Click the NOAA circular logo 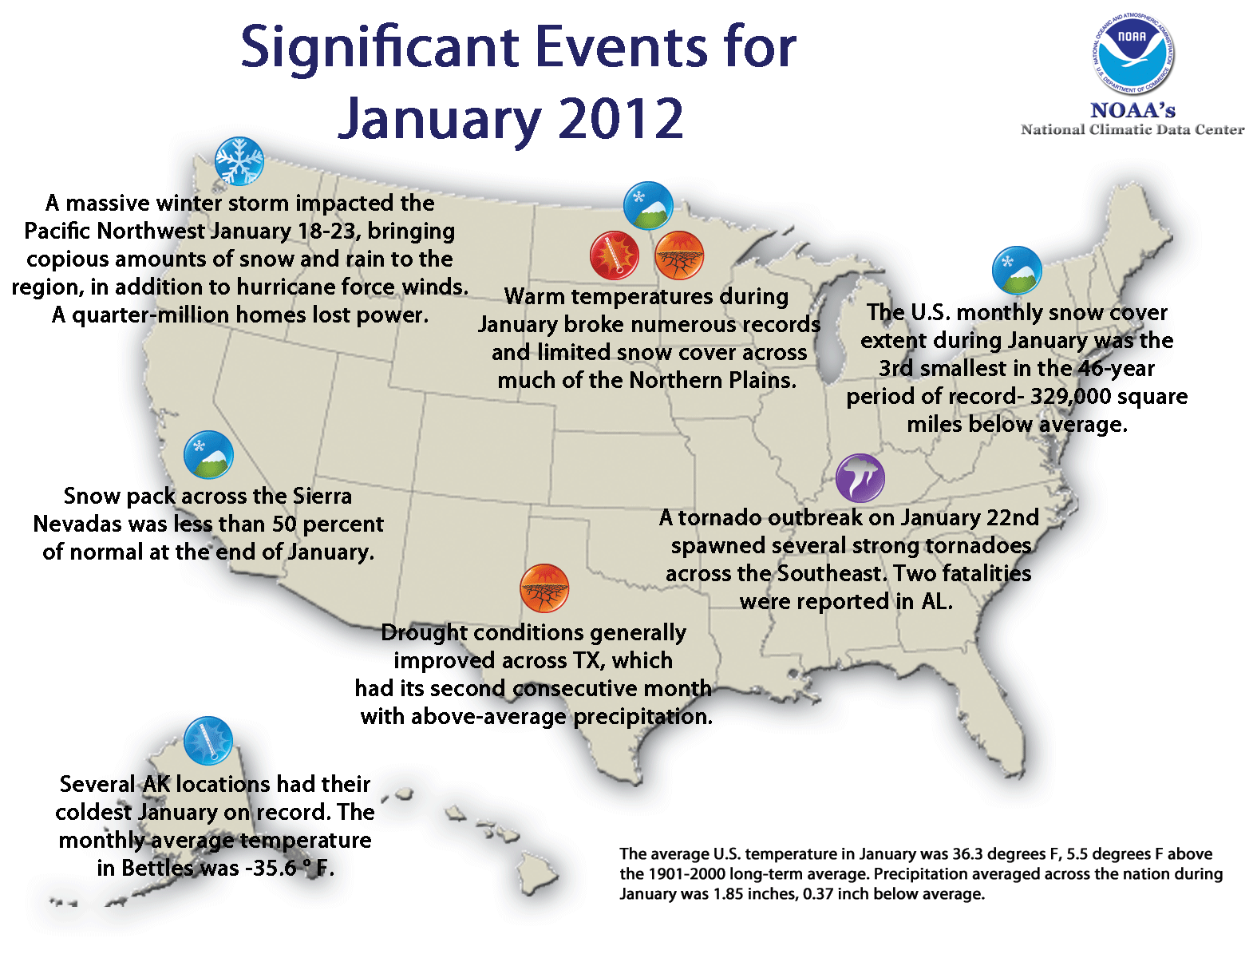coord(1132,54)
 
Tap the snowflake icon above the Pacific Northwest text coord(239,161)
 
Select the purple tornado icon coord(860,478)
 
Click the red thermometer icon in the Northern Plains coord(614,255)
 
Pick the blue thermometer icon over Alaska coord(208,740)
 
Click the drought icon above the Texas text coord(544,588)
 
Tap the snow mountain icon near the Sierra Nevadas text coord(208,455)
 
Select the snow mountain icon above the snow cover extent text coord(1017,271)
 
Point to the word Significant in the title coord(379,49)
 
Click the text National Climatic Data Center coord(1132,129)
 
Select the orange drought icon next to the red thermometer coord(679,255)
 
